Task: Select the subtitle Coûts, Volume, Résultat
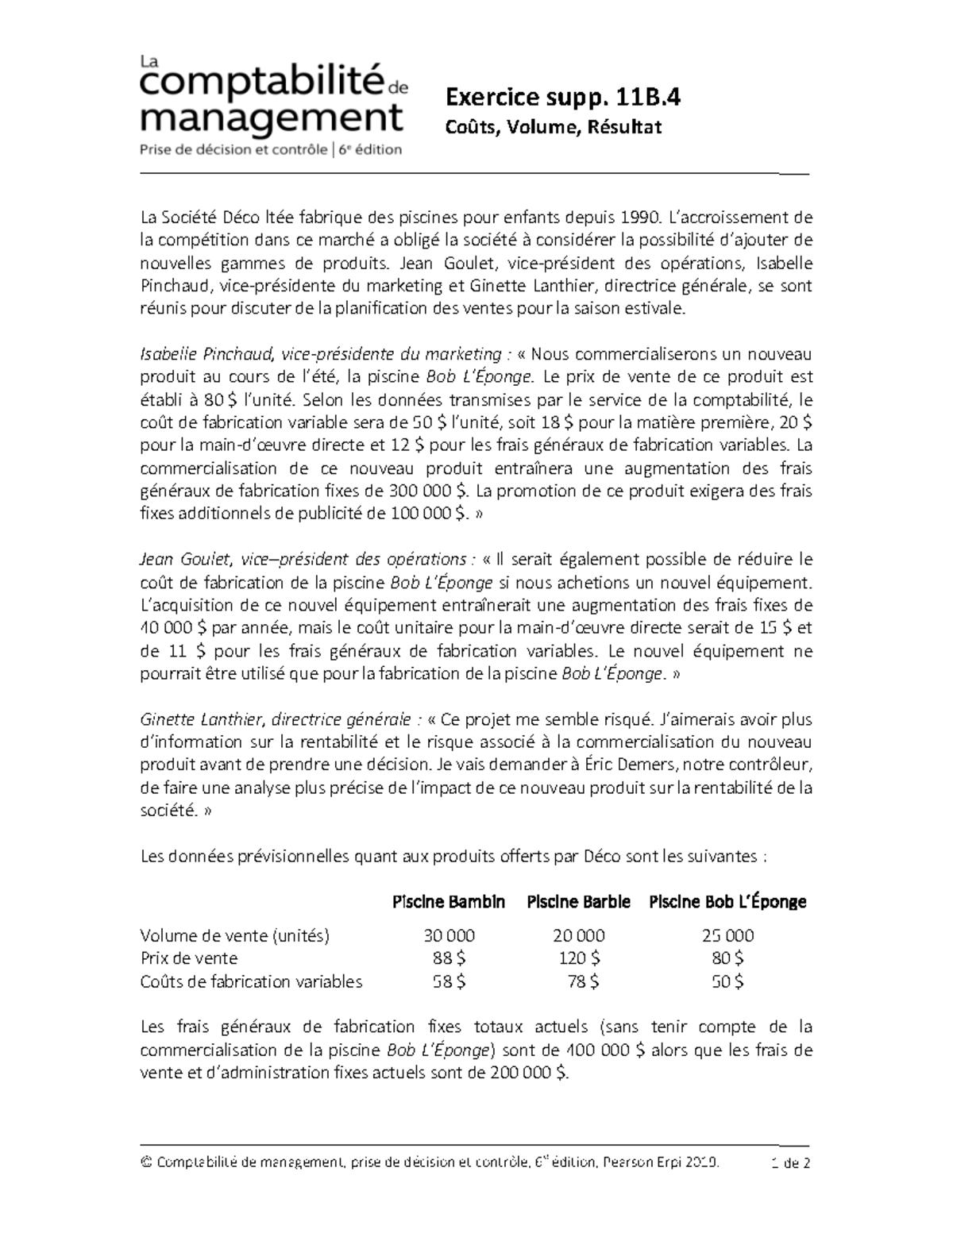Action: tap(554, 127)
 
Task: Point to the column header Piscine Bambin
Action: tap(449, 902)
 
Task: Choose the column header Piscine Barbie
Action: tap(578, 902)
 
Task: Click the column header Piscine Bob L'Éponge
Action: tap(727, 902)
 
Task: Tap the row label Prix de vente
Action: tap(188, 958)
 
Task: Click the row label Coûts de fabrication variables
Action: tap(251, 981)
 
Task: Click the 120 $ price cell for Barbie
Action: tap(579, 958)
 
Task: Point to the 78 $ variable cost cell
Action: tap(583, 981)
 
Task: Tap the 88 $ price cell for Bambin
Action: tap(449, 958)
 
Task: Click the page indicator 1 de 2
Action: tap(789, 1164)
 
